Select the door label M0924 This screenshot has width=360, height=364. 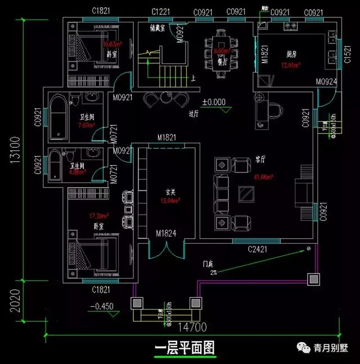click(326, 82)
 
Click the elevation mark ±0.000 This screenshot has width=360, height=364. click(214, 102)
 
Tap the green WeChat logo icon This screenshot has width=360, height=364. click(304, 348)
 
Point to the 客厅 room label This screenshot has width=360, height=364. click(259, 160)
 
